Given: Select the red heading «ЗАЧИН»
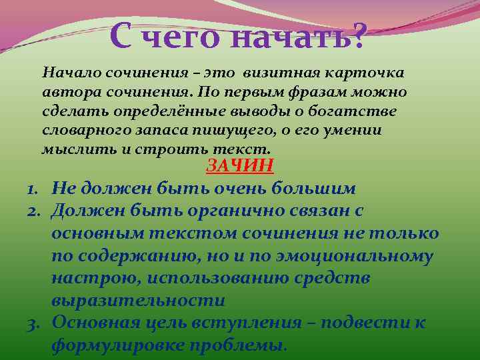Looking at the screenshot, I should [240, 166].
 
